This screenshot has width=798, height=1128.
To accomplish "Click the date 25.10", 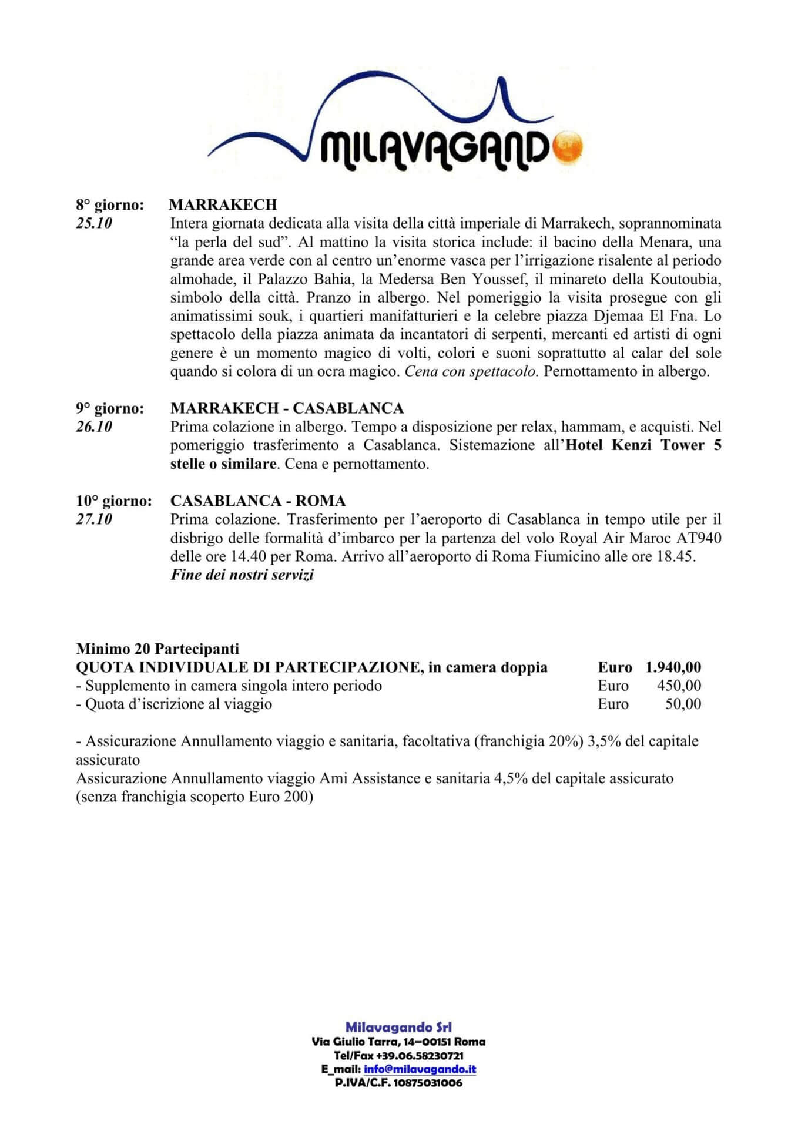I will click(94, 224).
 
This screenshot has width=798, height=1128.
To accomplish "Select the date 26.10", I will click(94, 427).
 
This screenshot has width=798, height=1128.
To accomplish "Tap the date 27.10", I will click(94, 520).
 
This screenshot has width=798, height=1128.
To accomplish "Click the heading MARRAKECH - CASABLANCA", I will click(287, 408).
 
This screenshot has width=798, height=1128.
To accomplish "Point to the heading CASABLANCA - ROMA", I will click(258, 501).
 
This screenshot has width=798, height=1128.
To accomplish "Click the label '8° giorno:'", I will click(110, 205).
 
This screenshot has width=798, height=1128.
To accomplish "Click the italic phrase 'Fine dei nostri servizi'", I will click(242, 575).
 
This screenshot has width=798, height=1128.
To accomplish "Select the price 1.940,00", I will click(673, 667).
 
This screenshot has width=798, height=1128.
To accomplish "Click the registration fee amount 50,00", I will click(683, 704).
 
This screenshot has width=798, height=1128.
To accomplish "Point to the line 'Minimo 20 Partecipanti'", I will click(157, 649).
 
